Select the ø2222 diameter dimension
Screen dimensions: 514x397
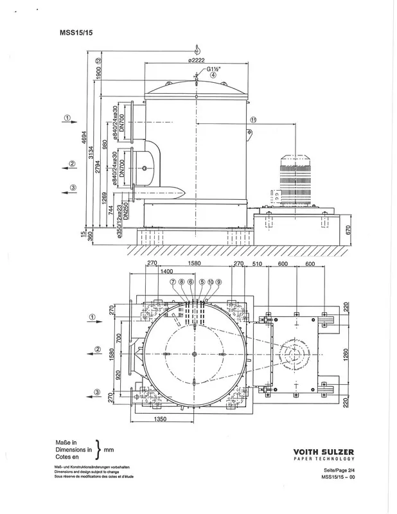[x=196, y=60]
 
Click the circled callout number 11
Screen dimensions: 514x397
[x=253, y=120]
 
